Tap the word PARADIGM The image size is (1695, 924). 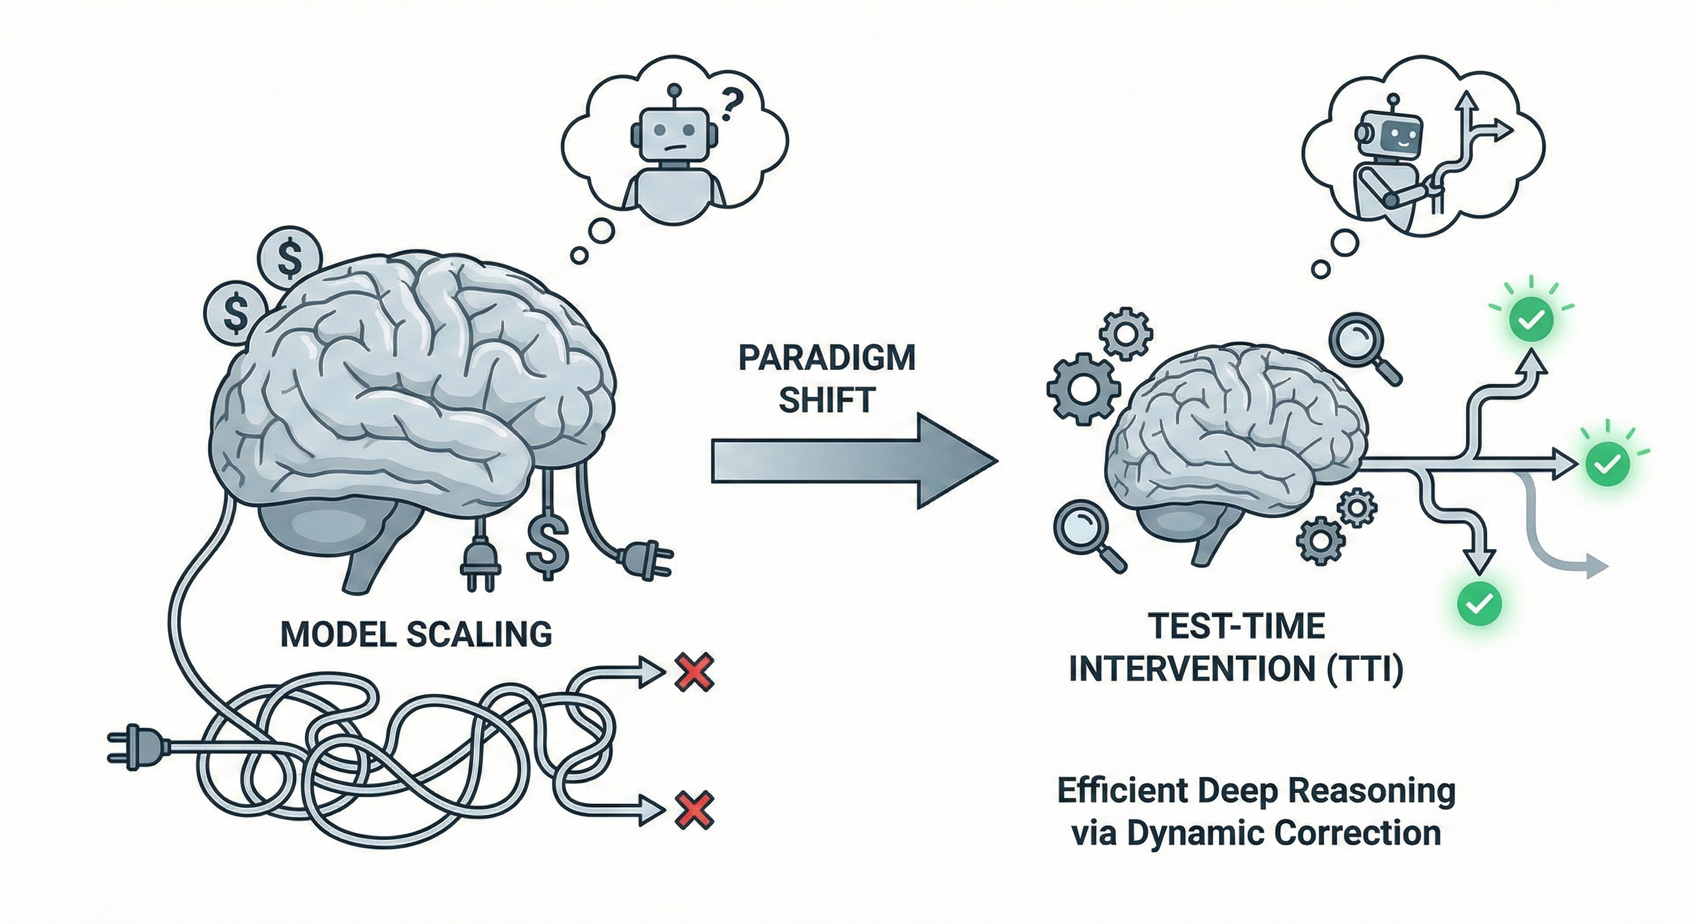[x=826, y=359]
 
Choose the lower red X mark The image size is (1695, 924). [x=695, y=810]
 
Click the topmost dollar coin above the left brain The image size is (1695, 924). [x=290, y=259]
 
